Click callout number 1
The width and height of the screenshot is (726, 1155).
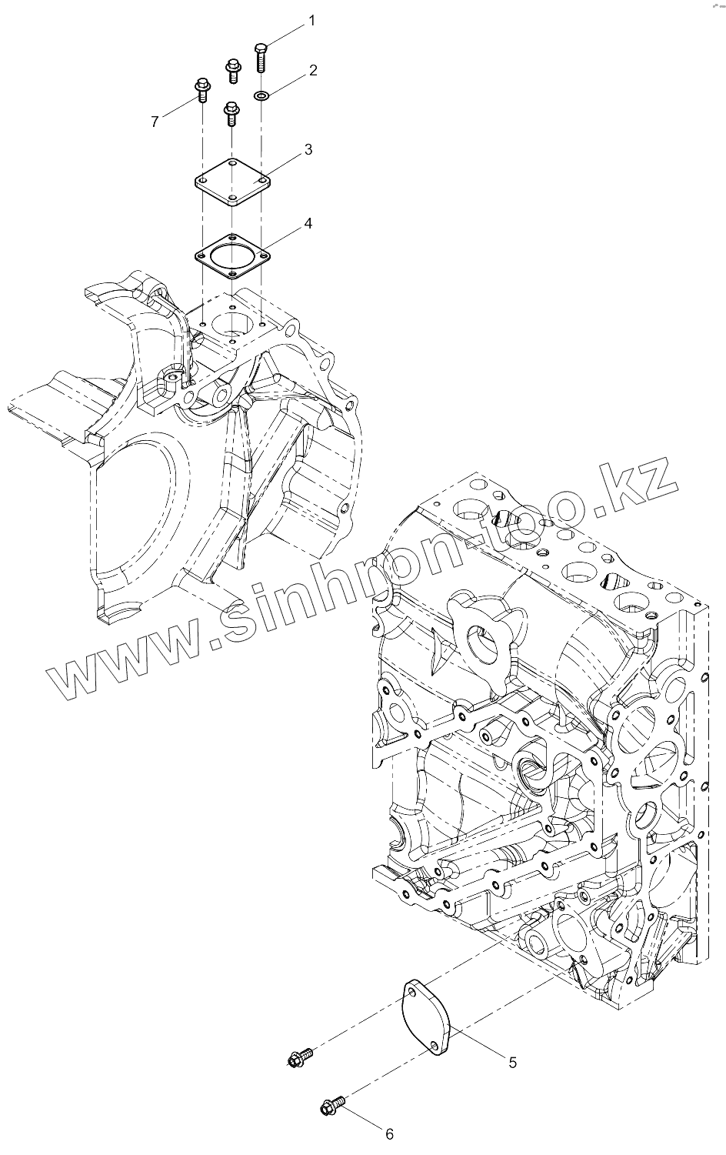click(x=311, y=21)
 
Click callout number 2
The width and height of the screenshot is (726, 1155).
click(x=313, y=70)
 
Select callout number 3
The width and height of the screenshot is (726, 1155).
click(x=308, y=149)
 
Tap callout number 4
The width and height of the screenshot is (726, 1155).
click(x=308, y=223)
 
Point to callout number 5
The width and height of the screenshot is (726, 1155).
click(x=512, y=1062)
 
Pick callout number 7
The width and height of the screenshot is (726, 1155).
click(x=155, y=122)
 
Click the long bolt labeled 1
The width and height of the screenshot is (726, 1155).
click(x=261, y=57)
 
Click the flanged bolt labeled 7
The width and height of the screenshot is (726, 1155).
click(x=202, y=90)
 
